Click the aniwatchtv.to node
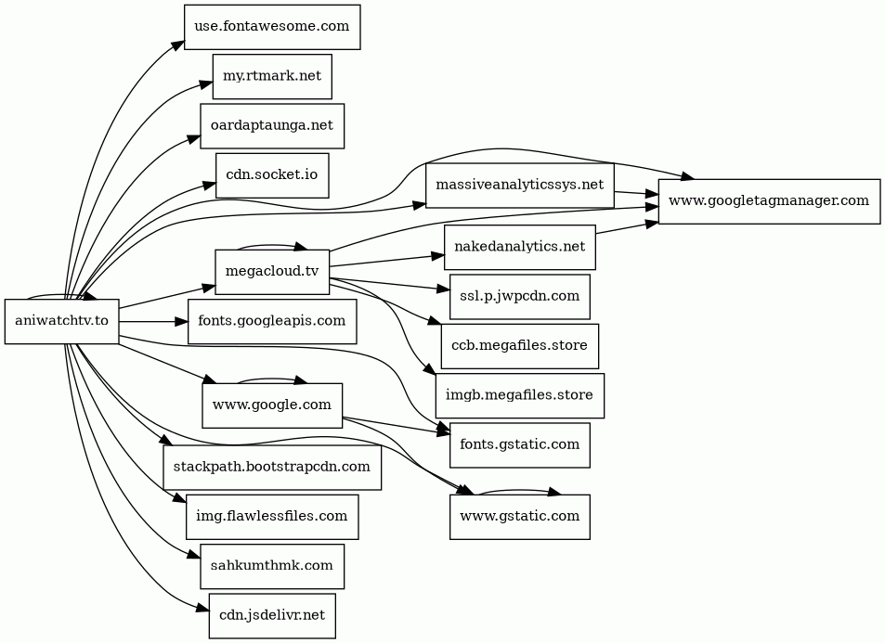61,321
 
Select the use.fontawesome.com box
272,26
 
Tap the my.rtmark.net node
272,76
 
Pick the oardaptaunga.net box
272,125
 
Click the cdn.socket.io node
272,175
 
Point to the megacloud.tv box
272,272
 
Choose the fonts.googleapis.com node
272,321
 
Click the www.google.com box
272,405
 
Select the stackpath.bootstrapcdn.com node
272,467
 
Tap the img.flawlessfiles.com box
272,516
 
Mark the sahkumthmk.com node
272,566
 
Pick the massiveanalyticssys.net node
519,186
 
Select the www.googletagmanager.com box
769,200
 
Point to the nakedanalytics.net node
519,247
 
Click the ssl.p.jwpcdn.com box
519,297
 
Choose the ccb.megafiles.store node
519,346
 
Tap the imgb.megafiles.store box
519,395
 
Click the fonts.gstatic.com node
519,444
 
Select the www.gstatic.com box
519,516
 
